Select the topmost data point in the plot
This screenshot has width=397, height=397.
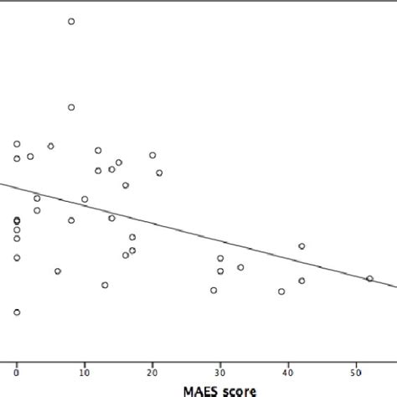(71, 22)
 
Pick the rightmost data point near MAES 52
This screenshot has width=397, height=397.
(369, 279)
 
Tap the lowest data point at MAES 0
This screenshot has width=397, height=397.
(17, 312)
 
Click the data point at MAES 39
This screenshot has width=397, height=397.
(281, 291)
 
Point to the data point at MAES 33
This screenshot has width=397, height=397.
(240, 267)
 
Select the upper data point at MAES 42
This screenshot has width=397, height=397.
(302, 246)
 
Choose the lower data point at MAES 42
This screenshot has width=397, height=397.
(302, 281)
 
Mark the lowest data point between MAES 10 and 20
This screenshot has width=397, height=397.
(105, 285)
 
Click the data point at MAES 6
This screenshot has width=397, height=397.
(58, 271)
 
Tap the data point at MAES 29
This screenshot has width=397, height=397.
(214, 290)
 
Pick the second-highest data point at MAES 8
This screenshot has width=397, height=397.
(71, 107)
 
